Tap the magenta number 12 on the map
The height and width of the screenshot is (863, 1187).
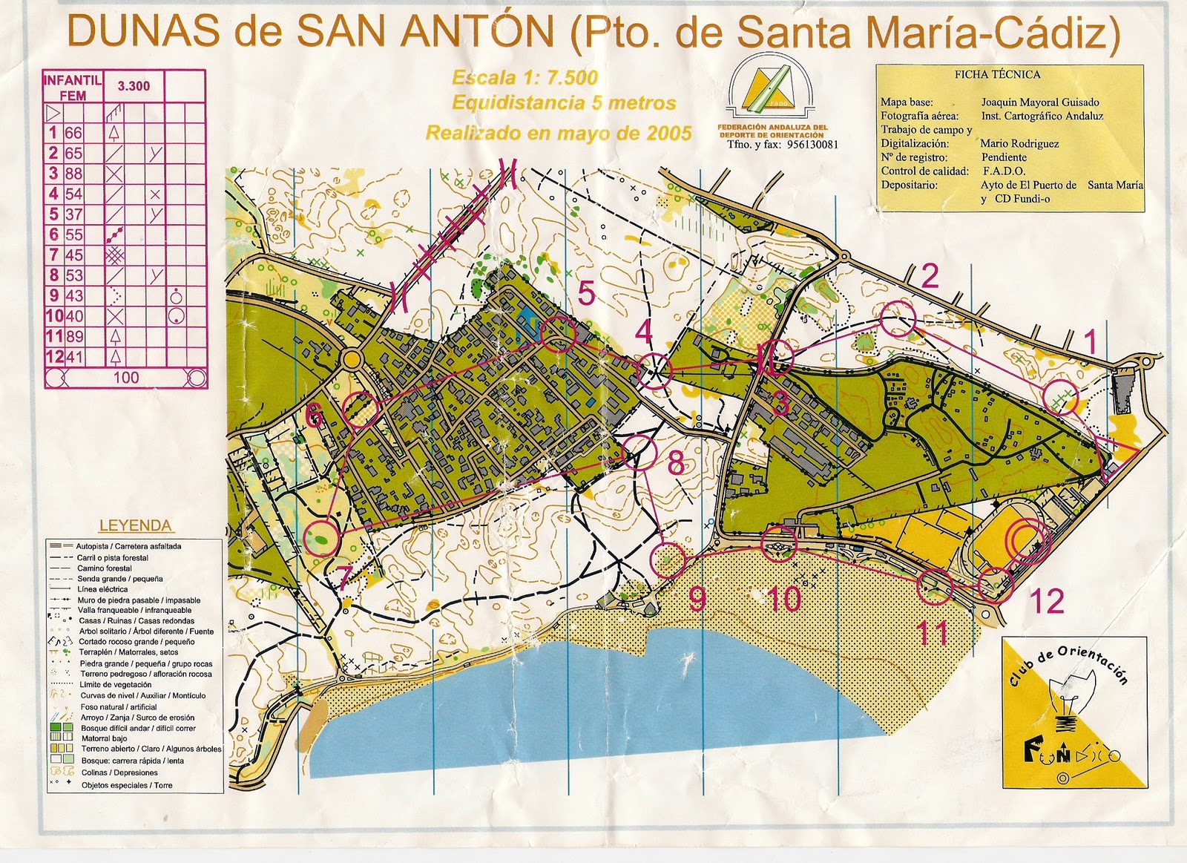click(x=1047, y=602)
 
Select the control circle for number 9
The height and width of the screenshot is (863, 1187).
click(x=667, y=560)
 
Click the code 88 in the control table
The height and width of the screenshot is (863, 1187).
click(x=73, y=174)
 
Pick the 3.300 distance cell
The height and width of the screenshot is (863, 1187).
click(x=134, y=86)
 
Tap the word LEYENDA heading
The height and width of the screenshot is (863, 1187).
click(x=135, y=525)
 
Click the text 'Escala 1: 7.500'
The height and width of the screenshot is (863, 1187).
click(x=525, y=77)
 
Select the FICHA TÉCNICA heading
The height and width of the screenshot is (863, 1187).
click(x=997, y=74)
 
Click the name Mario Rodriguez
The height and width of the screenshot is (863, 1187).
click(x=1019, y=143)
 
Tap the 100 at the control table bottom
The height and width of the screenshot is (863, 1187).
click(x=125, y=377)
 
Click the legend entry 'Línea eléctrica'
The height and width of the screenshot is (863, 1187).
click(x=102, y=589)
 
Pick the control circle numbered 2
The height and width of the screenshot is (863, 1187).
click(x=898, y=319)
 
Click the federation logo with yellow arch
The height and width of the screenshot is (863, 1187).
click(x=772, y=88)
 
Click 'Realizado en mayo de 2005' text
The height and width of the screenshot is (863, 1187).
click(x=558, y=134)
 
